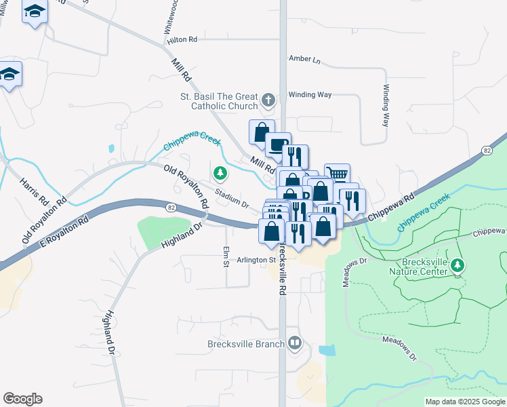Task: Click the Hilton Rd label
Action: point(182,40)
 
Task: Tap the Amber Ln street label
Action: point(304,59)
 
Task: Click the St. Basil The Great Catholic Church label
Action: point(219,101)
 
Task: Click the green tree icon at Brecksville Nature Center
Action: point(458,265)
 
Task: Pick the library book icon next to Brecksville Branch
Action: point(294,343)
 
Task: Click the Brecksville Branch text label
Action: point(245,344)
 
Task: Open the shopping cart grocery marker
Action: point(337,174)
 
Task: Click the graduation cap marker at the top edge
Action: point(35,12)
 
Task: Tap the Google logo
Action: point(22,399)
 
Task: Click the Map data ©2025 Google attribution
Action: point(464,402)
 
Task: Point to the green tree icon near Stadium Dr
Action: point(220,174)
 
